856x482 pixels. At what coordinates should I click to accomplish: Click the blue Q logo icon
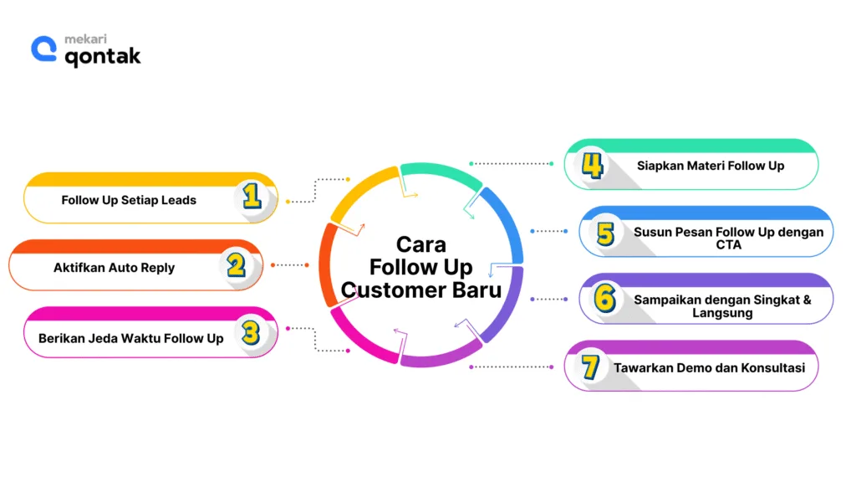click(43, 49)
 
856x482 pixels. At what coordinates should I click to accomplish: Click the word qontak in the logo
click(103, 56)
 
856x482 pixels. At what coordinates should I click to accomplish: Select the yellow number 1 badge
click(252, 197)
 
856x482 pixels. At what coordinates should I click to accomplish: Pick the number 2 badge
click(236, 265)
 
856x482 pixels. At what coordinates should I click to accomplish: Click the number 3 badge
click(251, 333)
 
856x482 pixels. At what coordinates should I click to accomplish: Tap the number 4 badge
click(592, 165)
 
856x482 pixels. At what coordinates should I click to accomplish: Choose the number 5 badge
click(605, 233)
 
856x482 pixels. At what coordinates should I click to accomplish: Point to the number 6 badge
click(605, 300)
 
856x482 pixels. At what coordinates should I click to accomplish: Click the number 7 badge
click(591, 367)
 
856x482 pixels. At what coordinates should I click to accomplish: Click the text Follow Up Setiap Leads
click(129, 200)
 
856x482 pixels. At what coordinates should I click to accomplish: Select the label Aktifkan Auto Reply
click(115, 268)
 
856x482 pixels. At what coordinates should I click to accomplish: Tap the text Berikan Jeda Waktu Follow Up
click(131, 338)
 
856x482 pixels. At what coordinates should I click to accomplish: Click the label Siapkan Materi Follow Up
click(711, 166)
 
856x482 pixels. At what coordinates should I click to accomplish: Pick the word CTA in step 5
click(728, 245)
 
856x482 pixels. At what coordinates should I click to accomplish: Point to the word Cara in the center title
click(421, 244)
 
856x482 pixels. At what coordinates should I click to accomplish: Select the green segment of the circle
click(439, 172)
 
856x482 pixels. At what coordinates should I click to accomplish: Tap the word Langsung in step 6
click(722, 313)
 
